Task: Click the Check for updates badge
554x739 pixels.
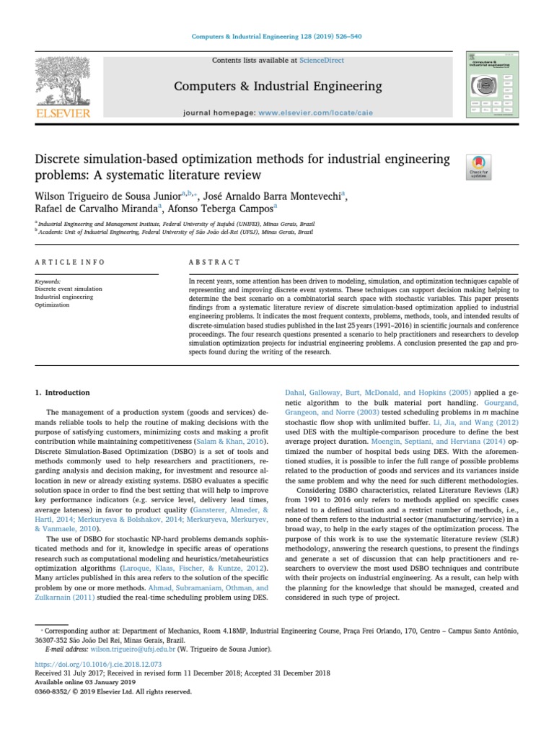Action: click(480, 167)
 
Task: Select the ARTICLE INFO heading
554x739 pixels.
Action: click(70, 262)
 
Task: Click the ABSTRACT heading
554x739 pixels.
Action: click(214, 262)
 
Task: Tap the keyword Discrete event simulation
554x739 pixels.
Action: click(69, 289)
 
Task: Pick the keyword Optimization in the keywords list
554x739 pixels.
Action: click(52, 305)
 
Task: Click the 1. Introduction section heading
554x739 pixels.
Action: click(63, 393)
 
